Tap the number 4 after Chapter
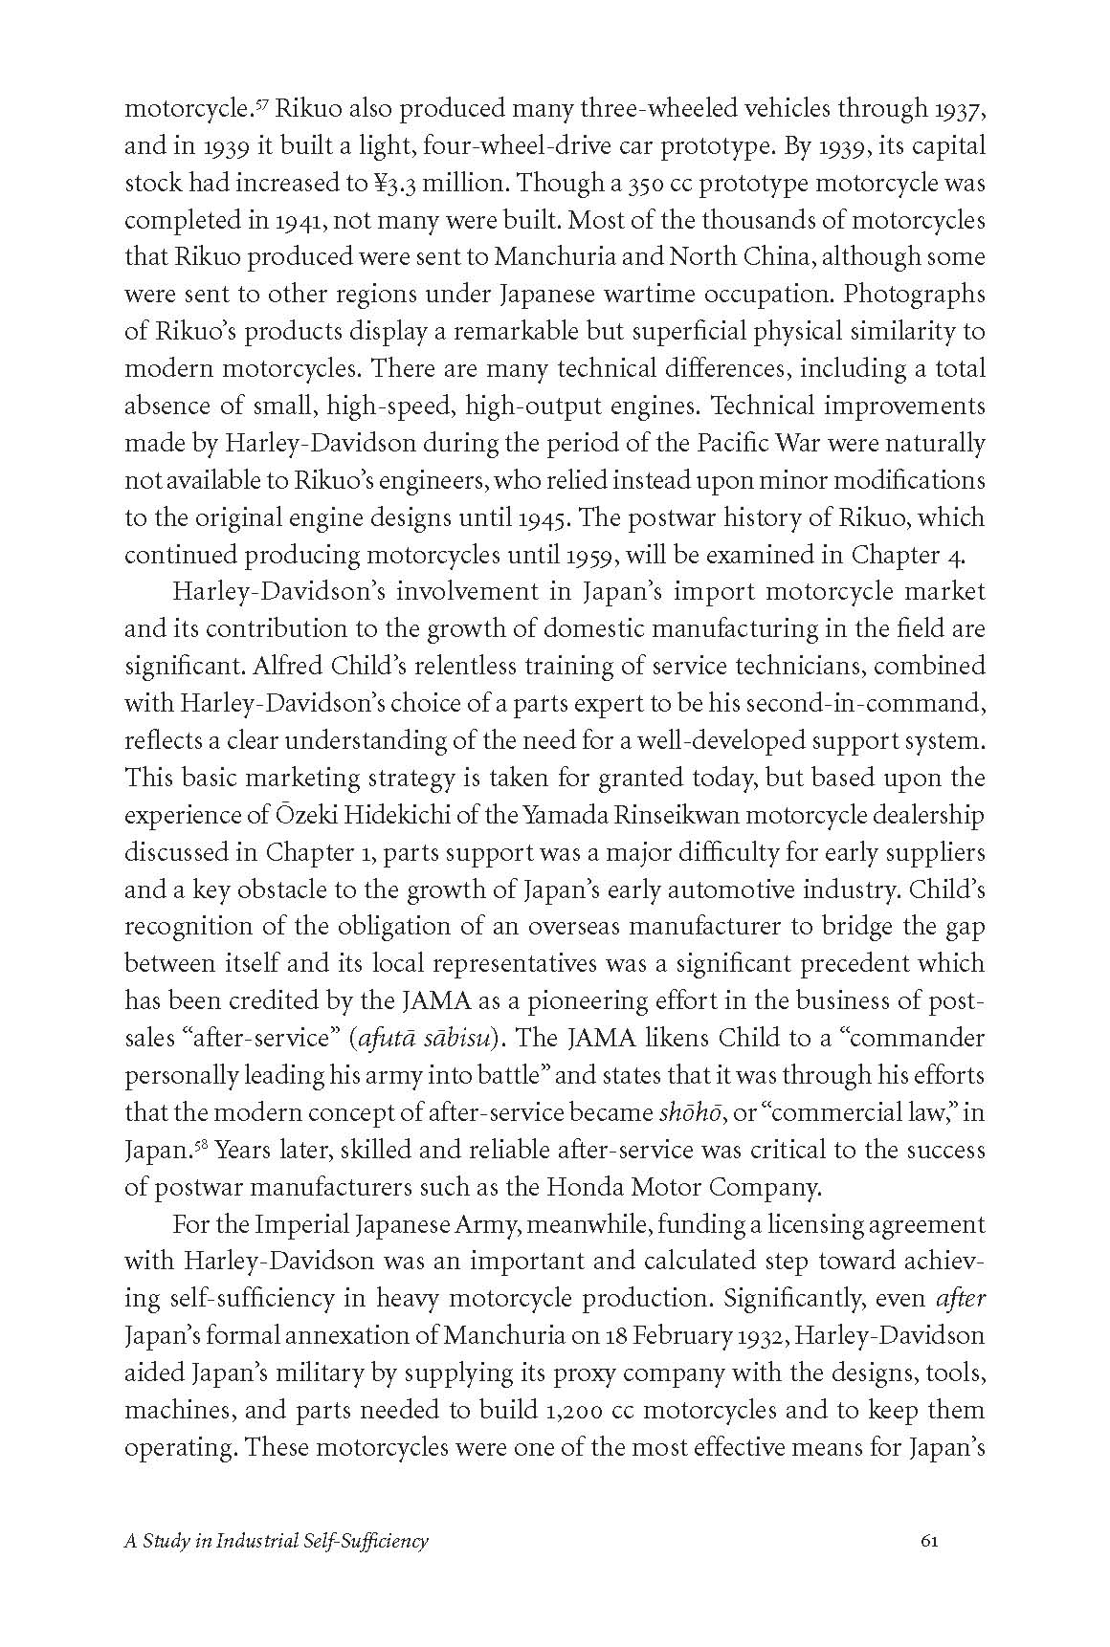[x=977, y=555]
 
